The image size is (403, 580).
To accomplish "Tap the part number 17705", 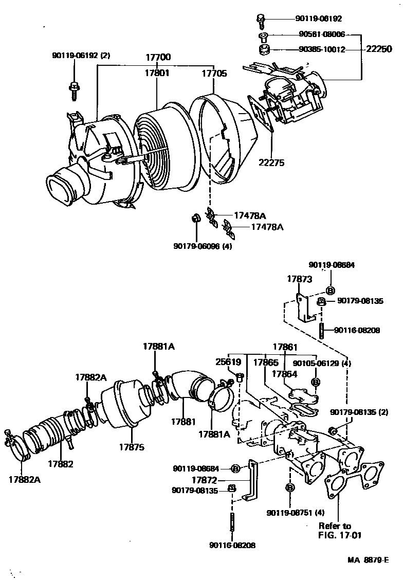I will [214, 74].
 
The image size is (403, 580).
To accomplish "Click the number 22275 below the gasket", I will [272, 163].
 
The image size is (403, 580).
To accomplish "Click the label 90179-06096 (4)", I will [203, 246].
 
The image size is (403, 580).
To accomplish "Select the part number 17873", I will [299, 279].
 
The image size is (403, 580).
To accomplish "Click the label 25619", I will [229, 362].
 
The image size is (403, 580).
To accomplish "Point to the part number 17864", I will [285, 374].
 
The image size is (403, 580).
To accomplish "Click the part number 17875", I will [132, 447].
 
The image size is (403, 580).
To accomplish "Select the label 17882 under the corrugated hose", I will [61, 463].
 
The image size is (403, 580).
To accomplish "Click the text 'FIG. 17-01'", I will [340, 535].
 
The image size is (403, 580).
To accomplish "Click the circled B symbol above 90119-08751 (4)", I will [289, 487].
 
